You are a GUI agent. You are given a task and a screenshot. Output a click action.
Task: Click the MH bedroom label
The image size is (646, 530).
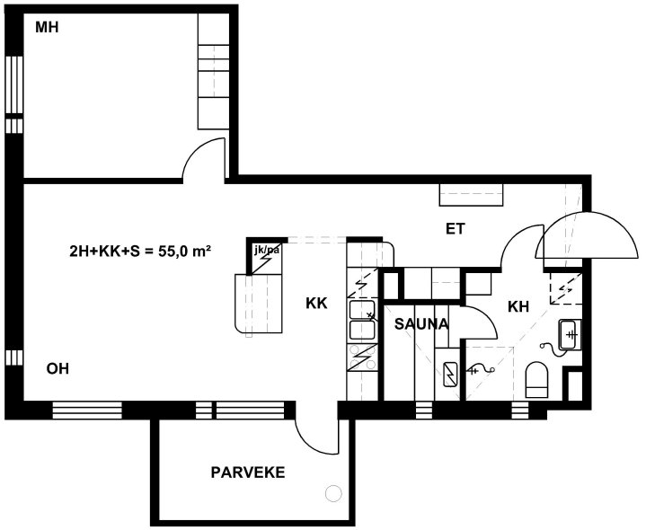(47, 28)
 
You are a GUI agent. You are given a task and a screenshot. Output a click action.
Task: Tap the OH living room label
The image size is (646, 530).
(58, 369)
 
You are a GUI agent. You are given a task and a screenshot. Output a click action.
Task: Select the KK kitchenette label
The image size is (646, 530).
(316, 304)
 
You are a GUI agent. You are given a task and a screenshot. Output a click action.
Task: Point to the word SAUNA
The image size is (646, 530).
(421, 324)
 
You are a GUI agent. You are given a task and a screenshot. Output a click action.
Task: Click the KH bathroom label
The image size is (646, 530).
(518, 307)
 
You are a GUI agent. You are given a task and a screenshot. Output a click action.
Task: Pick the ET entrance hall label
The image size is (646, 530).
(456, 229)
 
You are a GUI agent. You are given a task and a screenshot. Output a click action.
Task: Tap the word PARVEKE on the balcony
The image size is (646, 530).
(248, 473)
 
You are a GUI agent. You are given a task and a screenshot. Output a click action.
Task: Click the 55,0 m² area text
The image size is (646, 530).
(185, 251)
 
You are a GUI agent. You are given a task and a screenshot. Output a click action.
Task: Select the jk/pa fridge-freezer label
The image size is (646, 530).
(268, 250)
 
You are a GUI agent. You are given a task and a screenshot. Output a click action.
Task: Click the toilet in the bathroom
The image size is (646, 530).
(536, 380)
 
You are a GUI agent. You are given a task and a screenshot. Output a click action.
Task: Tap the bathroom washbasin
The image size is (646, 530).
(570, 334)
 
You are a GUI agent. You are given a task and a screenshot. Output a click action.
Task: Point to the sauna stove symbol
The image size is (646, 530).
(450, 375)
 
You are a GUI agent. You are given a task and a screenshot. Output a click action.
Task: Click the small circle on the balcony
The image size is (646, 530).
(333, 493)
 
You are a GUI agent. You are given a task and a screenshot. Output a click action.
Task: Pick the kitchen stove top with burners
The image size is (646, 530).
(362, 358)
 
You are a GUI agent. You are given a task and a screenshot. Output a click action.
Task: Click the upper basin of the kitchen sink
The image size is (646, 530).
(362, 310)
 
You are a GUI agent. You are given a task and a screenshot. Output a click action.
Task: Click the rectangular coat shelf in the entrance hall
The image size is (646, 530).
(472, 195)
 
